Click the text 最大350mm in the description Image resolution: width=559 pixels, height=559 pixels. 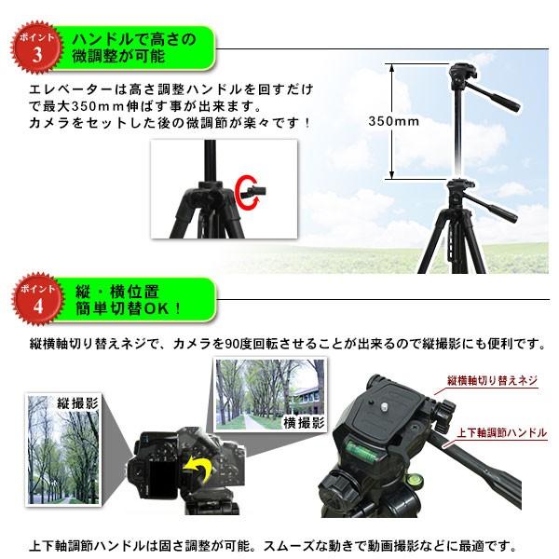tap(75, 106)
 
